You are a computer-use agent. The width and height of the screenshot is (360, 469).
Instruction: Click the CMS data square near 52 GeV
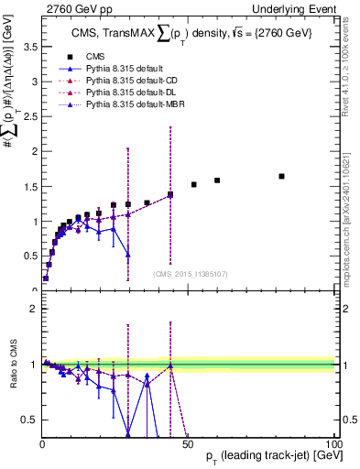point(194,184)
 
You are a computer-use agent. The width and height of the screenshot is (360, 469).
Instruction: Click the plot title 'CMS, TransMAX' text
point(119,35)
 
